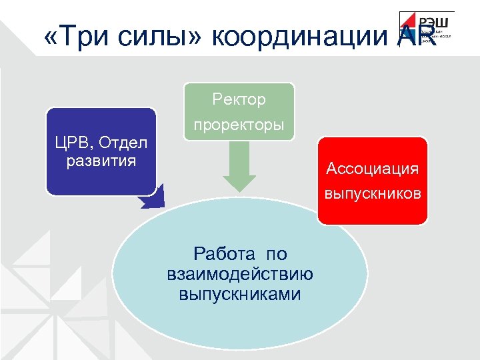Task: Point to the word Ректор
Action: (x=239, y=99)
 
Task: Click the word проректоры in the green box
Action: (x=239, y=125)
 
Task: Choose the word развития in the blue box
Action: (x=101, y=161)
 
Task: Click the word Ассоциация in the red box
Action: (x=372, y=169)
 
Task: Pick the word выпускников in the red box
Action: (x=372, y=194)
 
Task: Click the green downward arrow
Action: (x=239, y=167)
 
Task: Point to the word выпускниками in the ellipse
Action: (x=239, y=293)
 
